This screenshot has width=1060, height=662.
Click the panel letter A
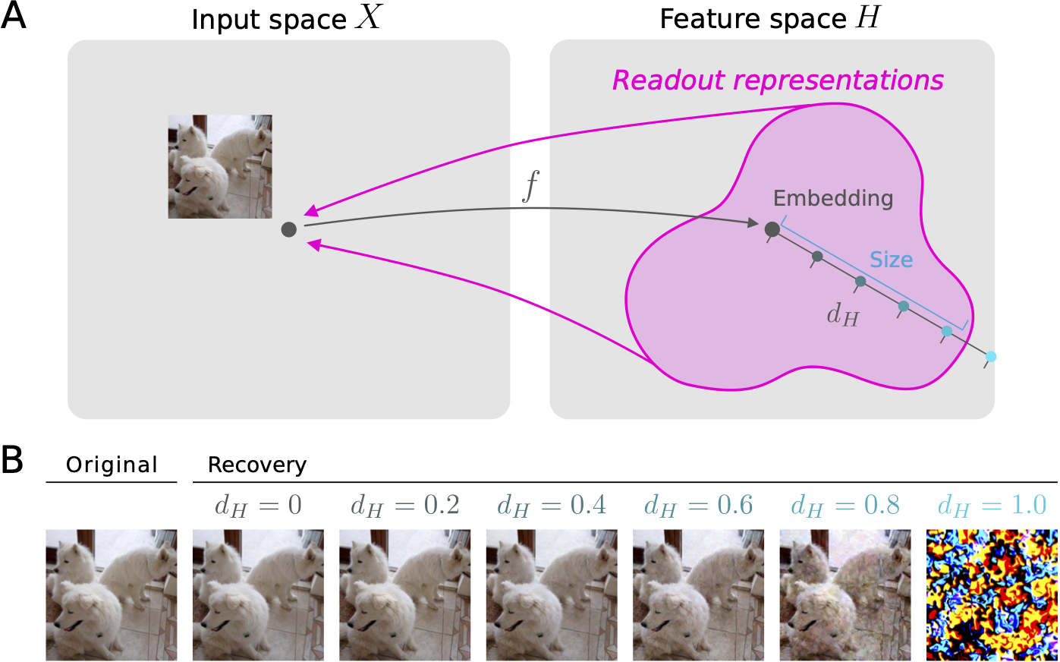coord(13,16)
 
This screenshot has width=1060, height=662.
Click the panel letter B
coord(12,460)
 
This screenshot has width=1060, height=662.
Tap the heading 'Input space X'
coord(286,19)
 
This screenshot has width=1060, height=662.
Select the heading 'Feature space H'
coord(769,19)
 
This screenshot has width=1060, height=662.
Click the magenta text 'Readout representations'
coord(778,80)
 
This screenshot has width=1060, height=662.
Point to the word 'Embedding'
coord(832,199)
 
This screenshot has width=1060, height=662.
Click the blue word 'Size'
coord(891,260)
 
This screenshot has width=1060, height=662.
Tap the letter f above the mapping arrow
coord(532,185)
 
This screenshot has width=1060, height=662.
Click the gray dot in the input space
coord(288,229)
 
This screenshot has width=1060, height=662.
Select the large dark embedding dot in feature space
coord(772,229)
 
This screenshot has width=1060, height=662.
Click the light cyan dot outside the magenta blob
coord(990,356)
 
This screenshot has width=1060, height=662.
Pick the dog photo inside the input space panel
coord(220,167)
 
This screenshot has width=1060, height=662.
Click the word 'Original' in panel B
coord(112,465)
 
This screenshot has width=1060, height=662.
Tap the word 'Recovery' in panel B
coord(256,465)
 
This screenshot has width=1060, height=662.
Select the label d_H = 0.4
coord(551,506)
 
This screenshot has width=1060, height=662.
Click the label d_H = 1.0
coord(992,506)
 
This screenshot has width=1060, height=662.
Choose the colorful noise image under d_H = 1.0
coord(992,594)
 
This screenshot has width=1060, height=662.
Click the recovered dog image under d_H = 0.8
coord(845,594)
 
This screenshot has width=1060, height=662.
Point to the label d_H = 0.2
coord(404,506)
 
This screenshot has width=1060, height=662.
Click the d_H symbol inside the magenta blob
coord(843,314)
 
